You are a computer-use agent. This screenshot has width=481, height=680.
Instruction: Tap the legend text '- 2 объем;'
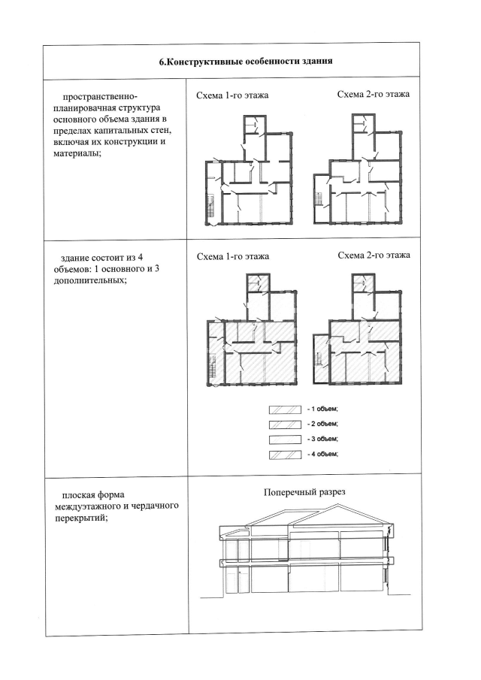[322, 425]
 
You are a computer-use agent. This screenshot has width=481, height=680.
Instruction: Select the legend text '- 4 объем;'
[322, 454]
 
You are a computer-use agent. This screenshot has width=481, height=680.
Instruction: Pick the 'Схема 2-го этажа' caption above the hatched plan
[374, 255]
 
